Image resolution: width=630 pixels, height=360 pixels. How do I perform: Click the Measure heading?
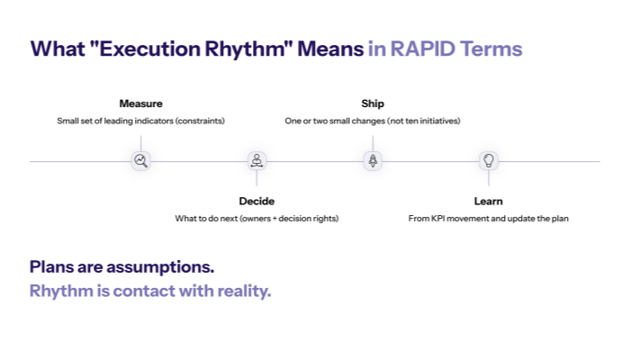(x=140, y=103)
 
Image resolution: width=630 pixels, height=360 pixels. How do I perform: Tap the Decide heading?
(x=256, y=201)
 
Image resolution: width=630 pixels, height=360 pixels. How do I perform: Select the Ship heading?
(x=373, y=103)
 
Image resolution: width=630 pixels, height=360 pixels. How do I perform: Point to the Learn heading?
(x=489, y=201)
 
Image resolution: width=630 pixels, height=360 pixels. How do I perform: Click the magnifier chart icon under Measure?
(x=140, y=161)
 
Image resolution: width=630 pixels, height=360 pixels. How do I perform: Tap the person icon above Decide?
(x=256, y=161)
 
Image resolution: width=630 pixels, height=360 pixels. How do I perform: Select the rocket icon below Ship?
(x=373, y=161)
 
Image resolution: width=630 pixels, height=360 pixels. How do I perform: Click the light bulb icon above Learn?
(x=489, y=161)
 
